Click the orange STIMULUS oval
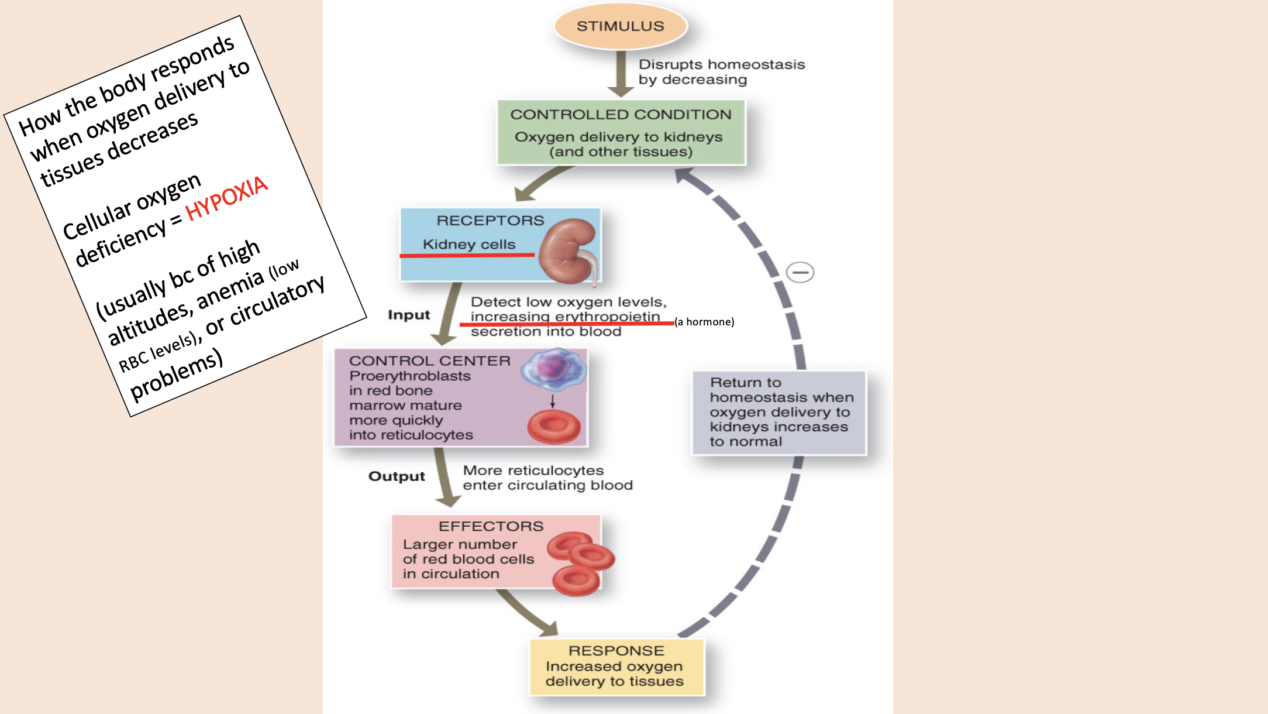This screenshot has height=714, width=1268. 620,26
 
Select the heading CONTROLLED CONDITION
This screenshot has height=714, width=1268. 621,115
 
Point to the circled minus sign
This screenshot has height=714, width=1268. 800,272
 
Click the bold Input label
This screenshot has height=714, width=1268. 408,315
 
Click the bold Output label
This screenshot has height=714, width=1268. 396,476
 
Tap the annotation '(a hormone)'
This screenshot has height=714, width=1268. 704,322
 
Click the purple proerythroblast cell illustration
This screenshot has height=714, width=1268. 553,370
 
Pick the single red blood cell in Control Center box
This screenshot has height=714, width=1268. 553,427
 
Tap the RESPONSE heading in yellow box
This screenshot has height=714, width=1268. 616,651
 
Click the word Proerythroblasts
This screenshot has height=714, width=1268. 409,376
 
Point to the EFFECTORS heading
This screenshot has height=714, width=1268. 491,526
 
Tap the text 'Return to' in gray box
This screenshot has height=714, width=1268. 745,383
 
